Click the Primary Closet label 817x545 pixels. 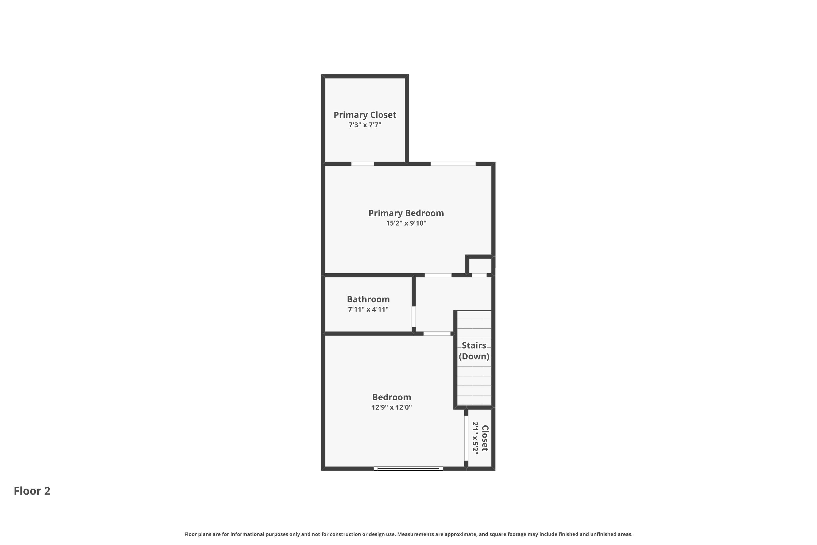coord(365,115)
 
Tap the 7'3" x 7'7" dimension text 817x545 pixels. coord(365,125)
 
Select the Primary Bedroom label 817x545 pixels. coord(406,213)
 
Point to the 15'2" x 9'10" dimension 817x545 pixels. coord(406,223)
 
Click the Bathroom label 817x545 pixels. coord(368,299)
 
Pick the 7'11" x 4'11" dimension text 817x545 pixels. coord(368,309)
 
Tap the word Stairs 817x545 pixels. coord(474,346)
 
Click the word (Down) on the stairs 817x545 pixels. coord(474,356)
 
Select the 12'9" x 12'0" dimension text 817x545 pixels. coord(392,407)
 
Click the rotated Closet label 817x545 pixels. coord(485,438)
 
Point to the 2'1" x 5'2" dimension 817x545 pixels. coord(475,438)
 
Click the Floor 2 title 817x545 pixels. coord(32,491)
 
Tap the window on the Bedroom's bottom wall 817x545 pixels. coord(408,468)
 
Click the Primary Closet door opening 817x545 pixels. coord(363,164)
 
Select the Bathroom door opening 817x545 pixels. coord(414,316)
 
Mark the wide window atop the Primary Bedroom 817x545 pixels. coord(453,164)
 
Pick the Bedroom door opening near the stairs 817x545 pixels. coord(437,334)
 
